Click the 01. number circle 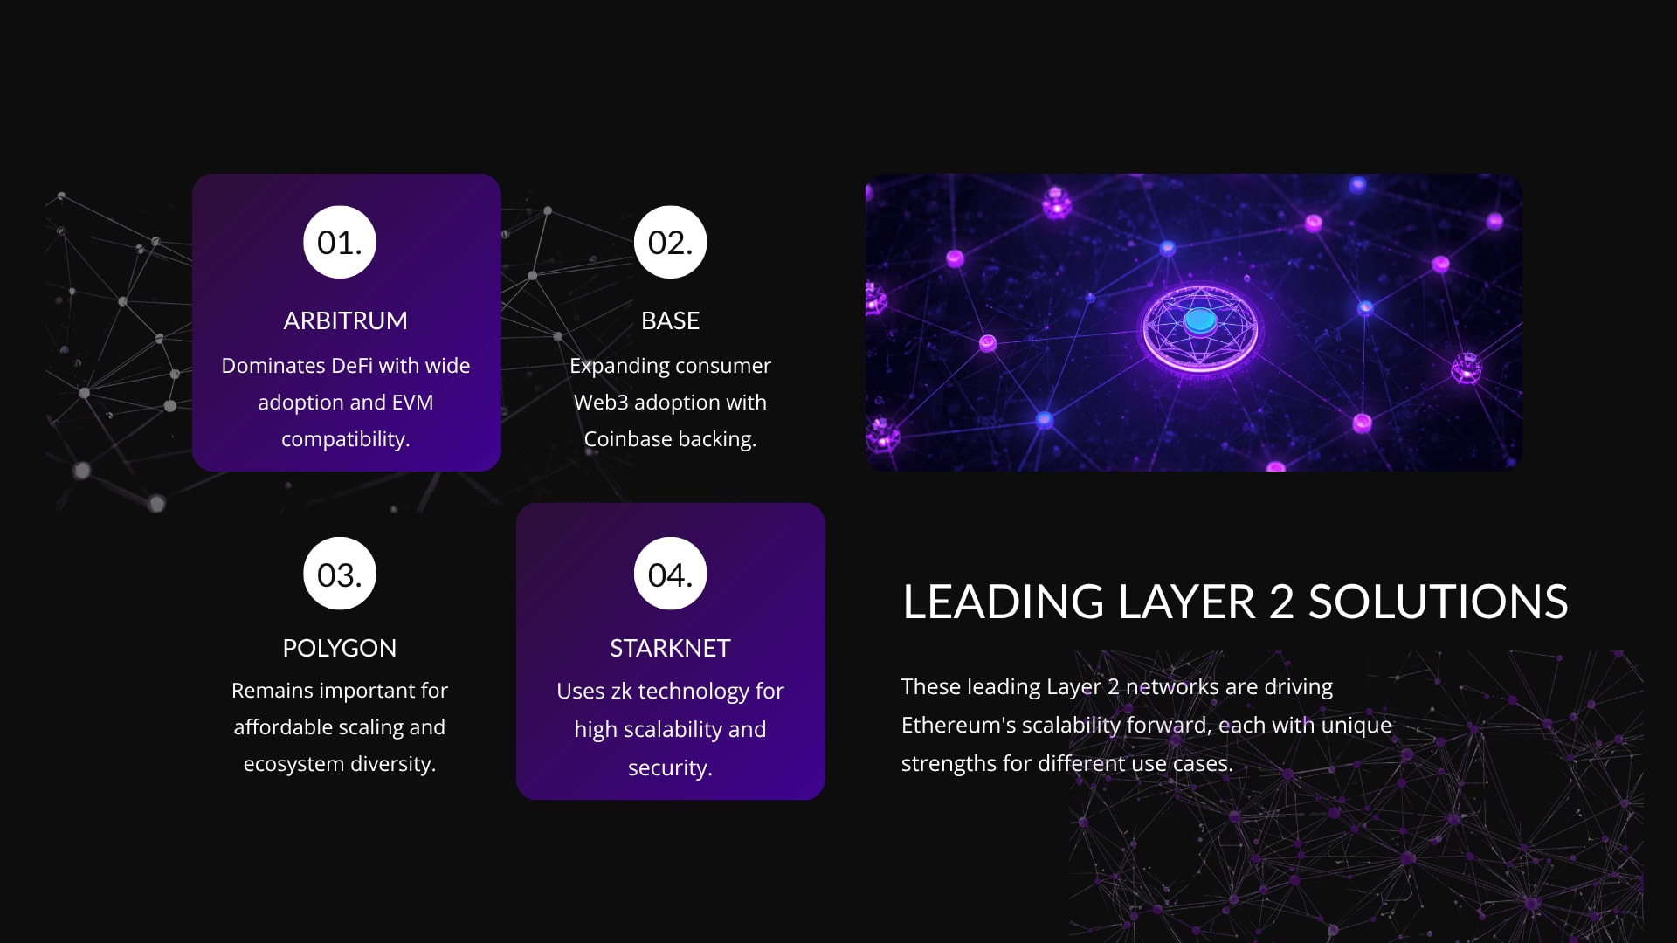point(340,242)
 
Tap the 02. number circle point(670,242)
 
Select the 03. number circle point(340,574)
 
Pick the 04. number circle point(670,574)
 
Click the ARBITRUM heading point(345,320)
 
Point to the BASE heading point(670,320)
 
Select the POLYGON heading point(340,648)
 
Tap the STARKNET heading point(670,648)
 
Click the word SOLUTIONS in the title point(1438,602)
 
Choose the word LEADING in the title point(1004,602)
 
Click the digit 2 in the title point(1281,602)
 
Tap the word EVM point(412,402)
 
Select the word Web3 point(601,402)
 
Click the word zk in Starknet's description point(621,691)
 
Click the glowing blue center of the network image point(1200,320)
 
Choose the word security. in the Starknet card point(670,767)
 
